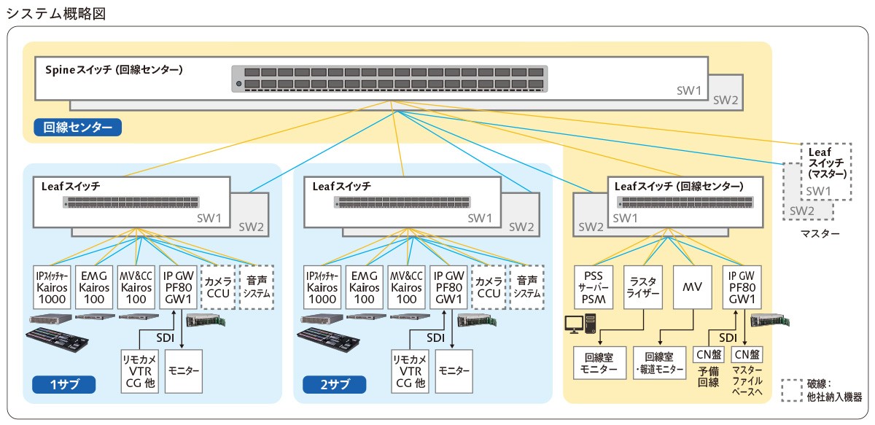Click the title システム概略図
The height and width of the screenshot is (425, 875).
click(56, 14)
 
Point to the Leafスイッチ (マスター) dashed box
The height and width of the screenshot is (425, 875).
click(826, 171)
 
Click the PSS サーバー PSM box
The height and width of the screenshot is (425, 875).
click(594, 286)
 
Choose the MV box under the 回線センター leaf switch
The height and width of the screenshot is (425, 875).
click(692, 286)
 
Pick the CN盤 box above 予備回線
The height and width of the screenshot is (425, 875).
click(708, 355)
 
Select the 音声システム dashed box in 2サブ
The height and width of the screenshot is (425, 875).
click(526, 286)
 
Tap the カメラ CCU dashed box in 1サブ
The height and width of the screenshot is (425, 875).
click(218, 286)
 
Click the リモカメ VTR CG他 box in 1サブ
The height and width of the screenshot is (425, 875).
click(139, 370)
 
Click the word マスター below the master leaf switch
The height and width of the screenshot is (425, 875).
click(819, 234)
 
